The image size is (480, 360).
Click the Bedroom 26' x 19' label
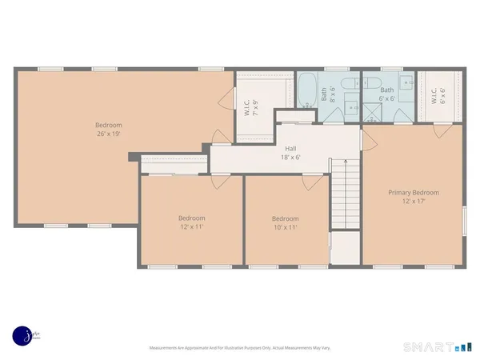point(109,130)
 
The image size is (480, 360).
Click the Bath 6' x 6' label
point(387,94)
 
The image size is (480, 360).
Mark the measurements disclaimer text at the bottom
point(239,348)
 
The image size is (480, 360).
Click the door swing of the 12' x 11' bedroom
point(216,182)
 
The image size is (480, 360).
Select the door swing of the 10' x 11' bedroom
point(309,182)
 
